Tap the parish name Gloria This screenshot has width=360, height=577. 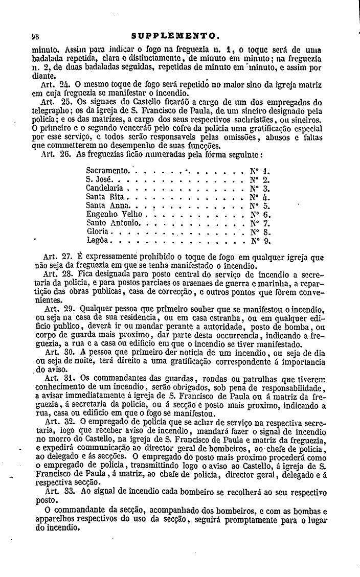tap(97, 232)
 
